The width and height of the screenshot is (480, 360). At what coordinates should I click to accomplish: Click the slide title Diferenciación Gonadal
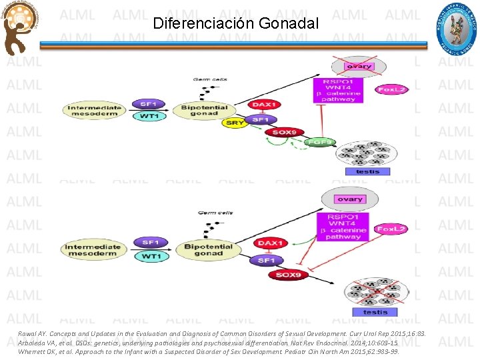coord(235,23)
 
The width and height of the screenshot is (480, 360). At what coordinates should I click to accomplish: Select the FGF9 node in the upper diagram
coord(320,142)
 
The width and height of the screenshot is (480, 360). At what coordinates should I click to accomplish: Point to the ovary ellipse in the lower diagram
coord(350,199)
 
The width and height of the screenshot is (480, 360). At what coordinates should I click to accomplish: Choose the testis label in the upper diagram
coord(368,171)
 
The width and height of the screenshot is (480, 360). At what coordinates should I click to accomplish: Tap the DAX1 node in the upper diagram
coord(264,105)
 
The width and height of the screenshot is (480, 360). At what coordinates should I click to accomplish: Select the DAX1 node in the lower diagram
coord(271,244)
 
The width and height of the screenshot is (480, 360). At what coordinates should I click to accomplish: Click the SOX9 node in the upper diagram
coord(285,132)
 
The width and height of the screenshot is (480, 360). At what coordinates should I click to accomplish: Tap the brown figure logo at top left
coord(19,29)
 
